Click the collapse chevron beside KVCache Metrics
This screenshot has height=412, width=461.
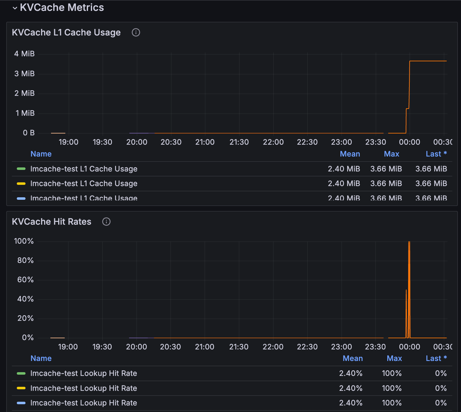(x=15, y=8)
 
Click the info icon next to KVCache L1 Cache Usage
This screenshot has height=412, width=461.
(x=136, y=32)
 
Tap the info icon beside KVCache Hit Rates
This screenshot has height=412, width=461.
(x=106, y=222)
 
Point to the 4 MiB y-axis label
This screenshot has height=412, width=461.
(x=24, y=54)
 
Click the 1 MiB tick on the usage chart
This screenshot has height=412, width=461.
(x=25, y=113)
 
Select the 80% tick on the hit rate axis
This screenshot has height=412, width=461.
(x=25, y=260)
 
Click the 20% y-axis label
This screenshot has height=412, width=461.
(x=25, y=318)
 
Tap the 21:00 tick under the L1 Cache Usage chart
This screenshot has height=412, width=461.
(x=205, y=142)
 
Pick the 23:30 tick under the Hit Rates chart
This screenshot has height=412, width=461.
(x=375, y=347)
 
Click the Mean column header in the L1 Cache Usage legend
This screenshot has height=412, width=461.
(x=350, y=154)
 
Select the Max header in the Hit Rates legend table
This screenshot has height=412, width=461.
(x=394, y=358)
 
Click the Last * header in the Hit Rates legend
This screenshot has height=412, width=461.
(x=436, y=358)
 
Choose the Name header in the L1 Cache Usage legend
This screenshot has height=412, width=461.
(x=41, y=154)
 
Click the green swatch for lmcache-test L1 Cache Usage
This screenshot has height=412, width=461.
(x=21, y=169)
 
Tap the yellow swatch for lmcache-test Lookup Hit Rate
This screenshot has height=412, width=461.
(x=21, y=388)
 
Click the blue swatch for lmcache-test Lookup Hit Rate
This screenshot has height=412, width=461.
(x=21, y=403)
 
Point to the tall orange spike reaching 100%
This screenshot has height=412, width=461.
(x=409, y=249)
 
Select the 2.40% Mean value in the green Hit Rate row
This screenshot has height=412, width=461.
(x=351, y=373)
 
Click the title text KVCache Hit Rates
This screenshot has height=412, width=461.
(x=52, y=222)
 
